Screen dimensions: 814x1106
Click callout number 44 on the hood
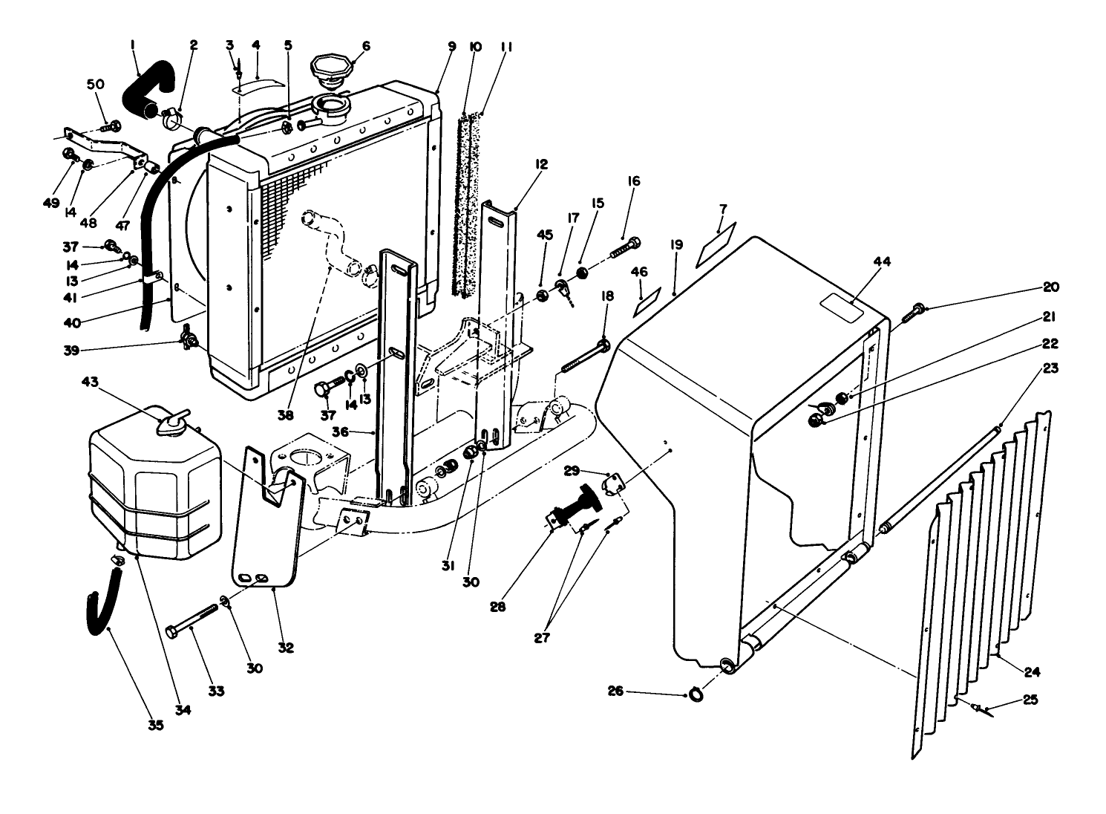click(861, 262)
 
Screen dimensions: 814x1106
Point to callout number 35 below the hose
click(155, 725)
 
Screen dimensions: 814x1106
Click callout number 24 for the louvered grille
click(1031, 673)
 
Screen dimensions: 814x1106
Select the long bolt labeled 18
click(583, 356)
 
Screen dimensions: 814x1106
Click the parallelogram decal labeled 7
click(716, 244)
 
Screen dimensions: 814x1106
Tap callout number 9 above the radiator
click(451, 46)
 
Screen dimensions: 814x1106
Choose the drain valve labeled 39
click(189, 341)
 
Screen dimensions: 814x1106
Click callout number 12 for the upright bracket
click(541, 164)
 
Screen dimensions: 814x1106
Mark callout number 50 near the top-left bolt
click(96, 85)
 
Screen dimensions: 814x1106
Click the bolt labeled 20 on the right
click(917, 309)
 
